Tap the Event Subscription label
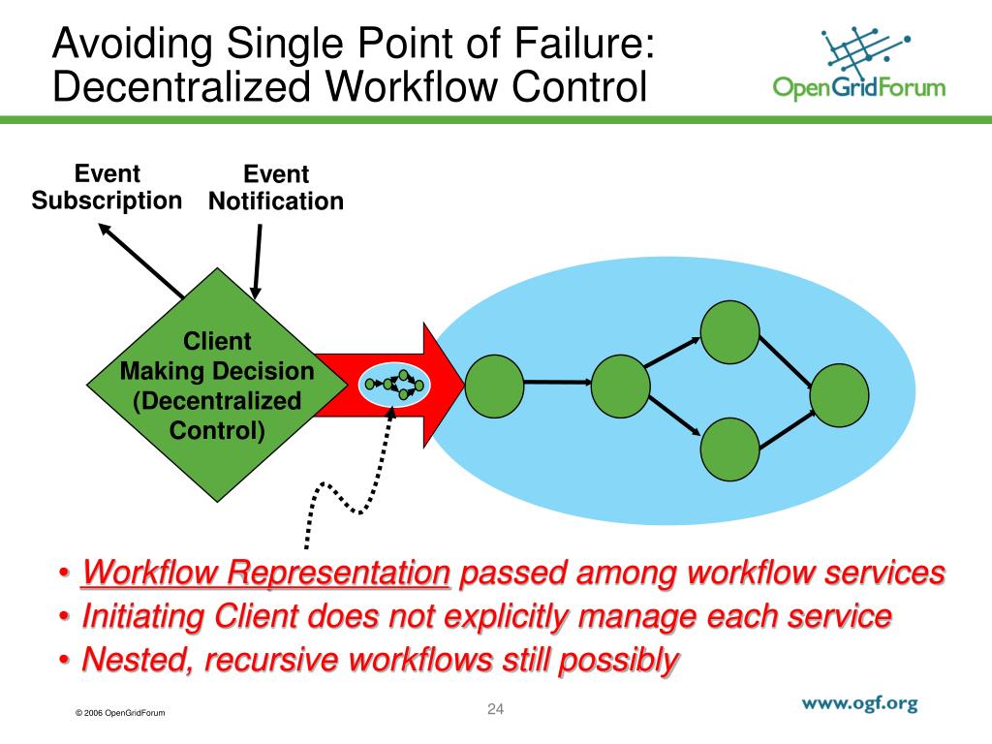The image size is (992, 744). [x=107, y=187]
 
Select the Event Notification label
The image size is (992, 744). [x=276, y=188]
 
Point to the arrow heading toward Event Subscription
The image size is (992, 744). [x=140, y=259]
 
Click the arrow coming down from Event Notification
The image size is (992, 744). [x=258, y=260]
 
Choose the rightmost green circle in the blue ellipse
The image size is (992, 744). [x=840, y=395]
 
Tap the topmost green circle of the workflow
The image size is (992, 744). [x=729, y=331]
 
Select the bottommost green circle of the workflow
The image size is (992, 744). [x=729, y=451]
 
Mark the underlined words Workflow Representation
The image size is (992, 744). [x=266, y=573]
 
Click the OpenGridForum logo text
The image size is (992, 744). [x=858, y=89]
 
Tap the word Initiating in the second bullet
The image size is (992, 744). [x=142, y=616]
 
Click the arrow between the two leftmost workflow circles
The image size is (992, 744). [x=556, y=382]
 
